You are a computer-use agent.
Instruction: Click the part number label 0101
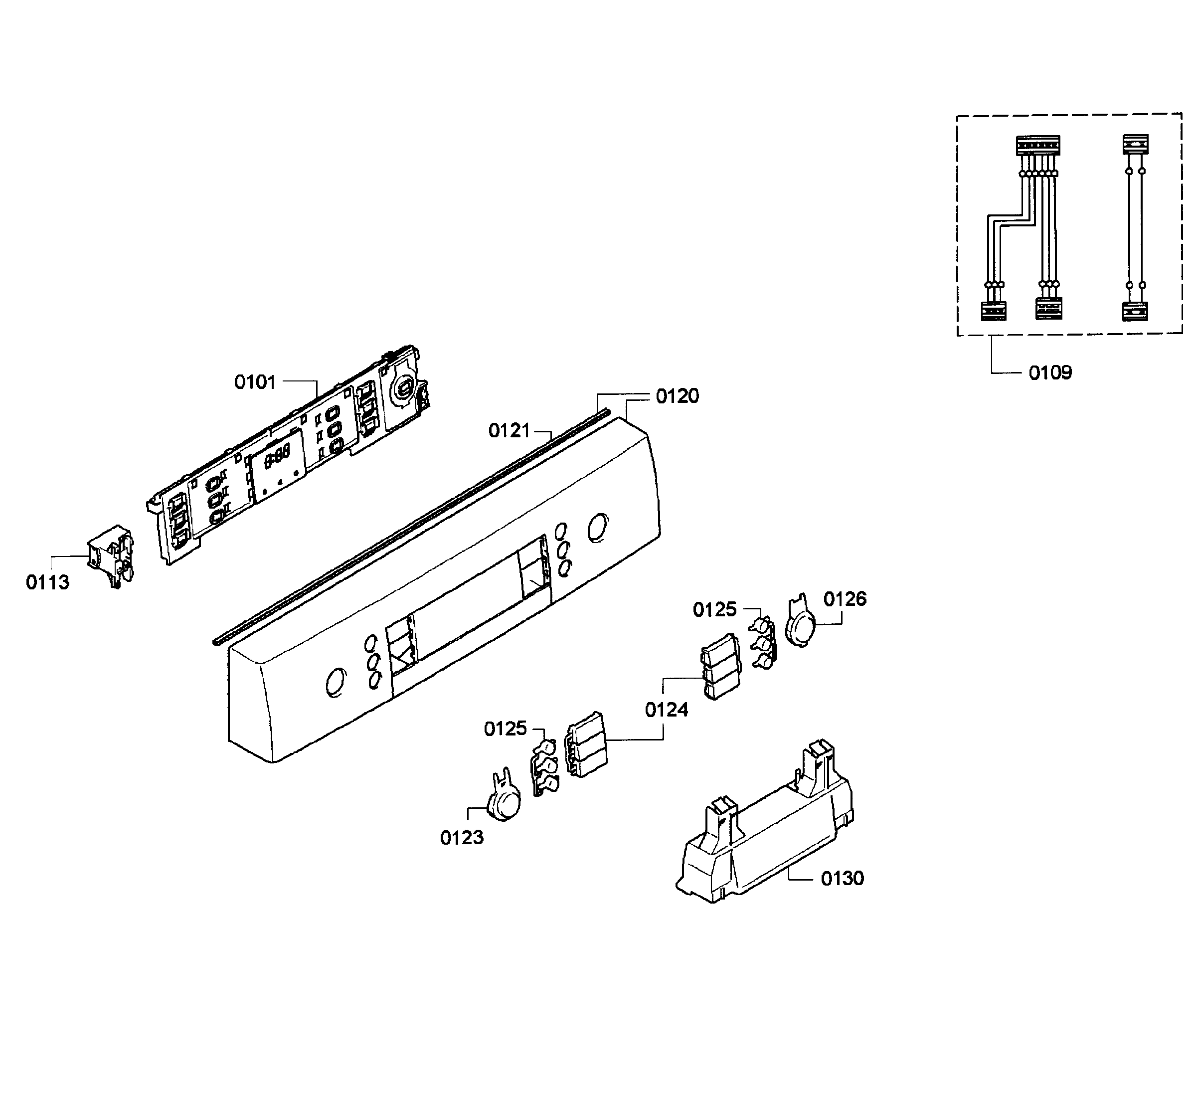pos(255,382)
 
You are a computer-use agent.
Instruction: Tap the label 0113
pos(47,582)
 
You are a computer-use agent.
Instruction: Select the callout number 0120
pos(678,396)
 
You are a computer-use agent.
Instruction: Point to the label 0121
pos(509,430)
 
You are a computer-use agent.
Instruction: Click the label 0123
pos(462,838)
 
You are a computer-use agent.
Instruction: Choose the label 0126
pos(845,599)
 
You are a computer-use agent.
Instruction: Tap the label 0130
pos(843,879)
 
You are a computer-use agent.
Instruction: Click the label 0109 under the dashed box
pos(1050,373)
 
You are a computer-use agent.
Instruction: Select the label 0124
pos(667,710)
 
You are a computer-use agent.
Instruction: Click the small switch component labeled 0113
pos(111,555)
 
